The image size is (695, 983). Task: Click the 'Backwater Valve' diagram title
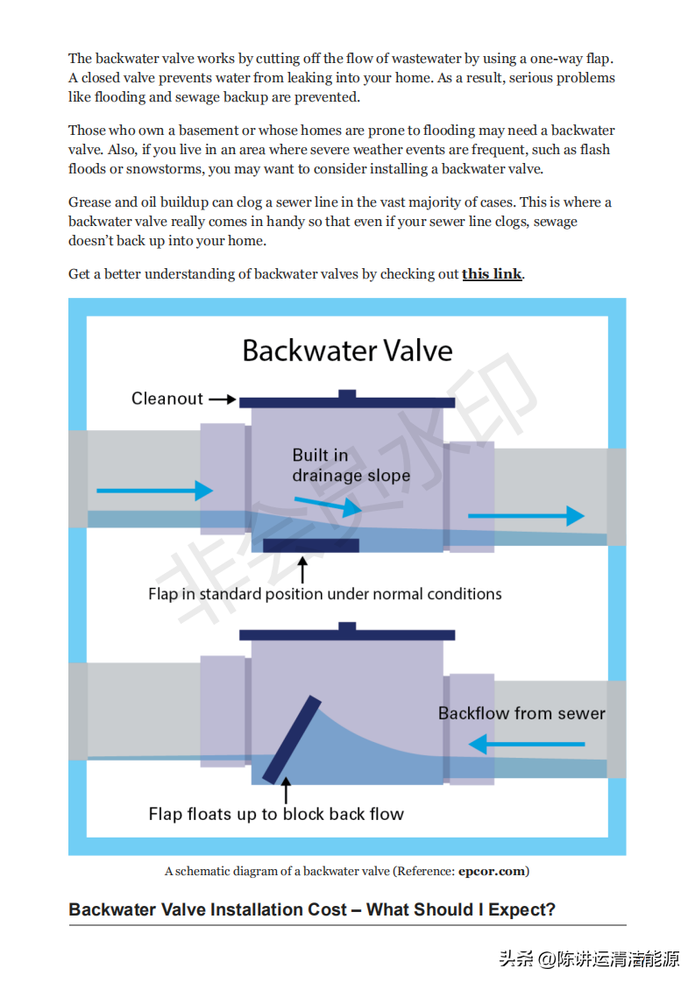point(347,351)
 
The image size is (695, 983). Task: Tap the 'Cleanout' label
point(167,399)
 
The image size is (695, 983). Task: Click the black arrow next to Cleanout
point(223,400)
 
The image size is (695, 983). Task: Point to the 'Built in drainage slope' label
point(351,465)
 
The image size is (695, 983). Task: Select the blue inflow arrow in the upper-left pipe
point(154,491)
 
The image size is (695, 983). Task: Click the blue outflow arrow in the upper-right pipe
point(526,516)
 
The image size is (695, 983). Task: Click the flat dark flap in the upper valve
point(311,546)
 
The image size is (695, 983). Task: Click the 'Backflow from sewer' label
point(521,713)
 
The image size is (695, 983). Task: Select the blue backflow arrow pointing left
point(526,745)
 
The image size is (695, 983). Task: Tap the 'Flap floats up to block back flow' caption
point(276,814)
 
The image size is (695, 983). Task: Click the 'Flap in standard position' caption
point(325,594)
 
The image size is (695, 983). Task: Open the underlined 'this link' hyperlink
point(492,273)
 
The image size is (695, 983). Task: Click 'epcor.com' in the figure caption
point(492,871)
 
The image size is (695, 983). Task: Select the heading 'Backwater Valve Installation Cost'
point(312,909)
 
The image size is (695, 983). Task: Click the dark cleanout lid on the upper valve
point(347,401)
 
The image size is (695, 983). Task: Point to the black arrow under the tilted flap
point(286,791)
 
